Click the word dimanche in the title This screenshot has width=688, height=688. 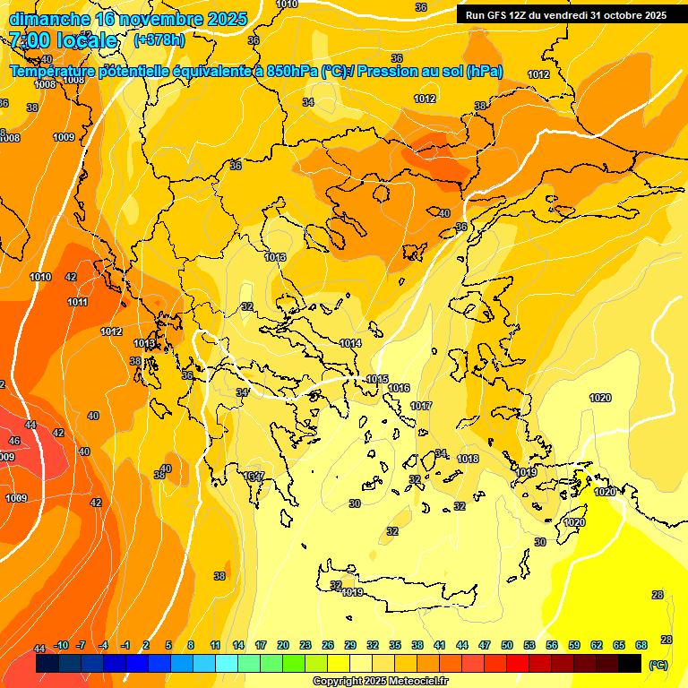[x=45, y=18]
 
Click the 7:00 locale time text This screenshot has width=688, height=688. [x=64, y=40]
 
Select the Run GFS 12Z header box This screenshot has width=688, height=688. [x=565, y=14]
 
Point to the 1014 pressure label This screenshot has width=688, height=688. [x=350, y=343]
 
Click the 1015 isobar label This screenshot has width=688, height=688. [x=377, y=379]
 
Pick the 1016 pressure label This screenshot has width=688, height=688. [x=399, y=388]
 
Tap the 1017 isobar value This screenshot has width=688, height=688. [x=421, y=406]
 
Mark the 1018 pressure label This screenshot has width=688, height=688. [x=468, y=459]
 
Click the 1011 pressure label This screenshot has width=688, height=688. [x=77, y=303]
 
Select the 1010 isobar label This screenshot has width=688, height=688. [x=40, y=278]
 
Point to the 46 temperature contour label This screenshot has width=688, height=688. [x=14, y=442]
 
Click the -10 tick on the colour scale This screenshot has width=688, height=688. [x=61, y=646]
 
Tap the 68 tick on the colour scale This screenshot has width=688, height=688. [x=641, y=646]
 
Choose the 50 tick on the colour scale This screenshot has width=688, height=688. [x=507, y=646]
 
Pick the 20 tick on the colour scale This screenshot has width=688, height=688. [x=283, y=646]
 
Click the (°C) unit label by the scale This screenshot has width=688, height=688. [x=658, y=666]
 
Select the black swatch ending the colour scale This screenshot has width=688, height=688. [x=630, y=664]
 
